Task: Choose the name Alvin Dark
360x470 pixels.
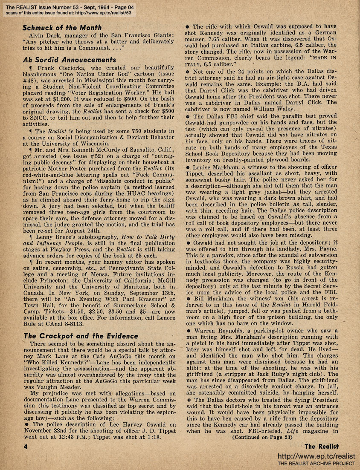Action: tap(46, 36)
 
